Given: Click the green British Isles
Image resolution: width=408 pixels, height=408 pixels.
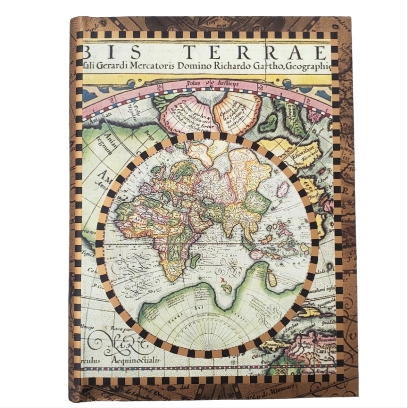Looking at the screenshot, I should pyautogui.click(x=157, y=172).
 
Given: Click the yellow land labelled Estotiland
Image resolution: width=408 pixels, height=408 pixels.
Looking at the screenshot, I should pyautogui.click(x=306, y=153).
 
